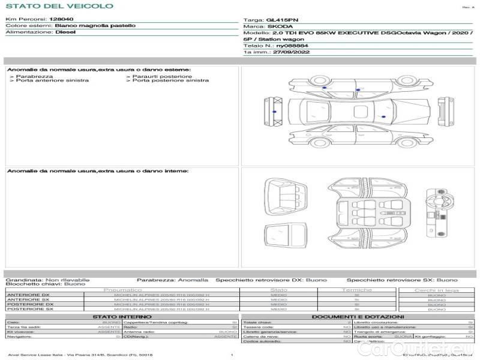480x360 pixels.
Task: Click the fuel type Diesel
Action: [x=65, y=32]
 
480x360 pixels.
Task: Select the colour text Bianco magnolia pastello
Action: [x=95, y=26]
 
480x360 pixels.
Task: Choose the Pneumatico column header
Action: [x=140, y=290]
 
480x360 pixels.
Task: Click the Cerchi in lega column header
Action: [x=436, y=290]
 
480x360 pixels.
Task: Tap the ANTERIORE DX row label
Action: [x=28, y=295]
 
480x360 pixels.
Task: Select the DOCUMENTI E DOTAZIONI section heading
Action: [x=358, y=316]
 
